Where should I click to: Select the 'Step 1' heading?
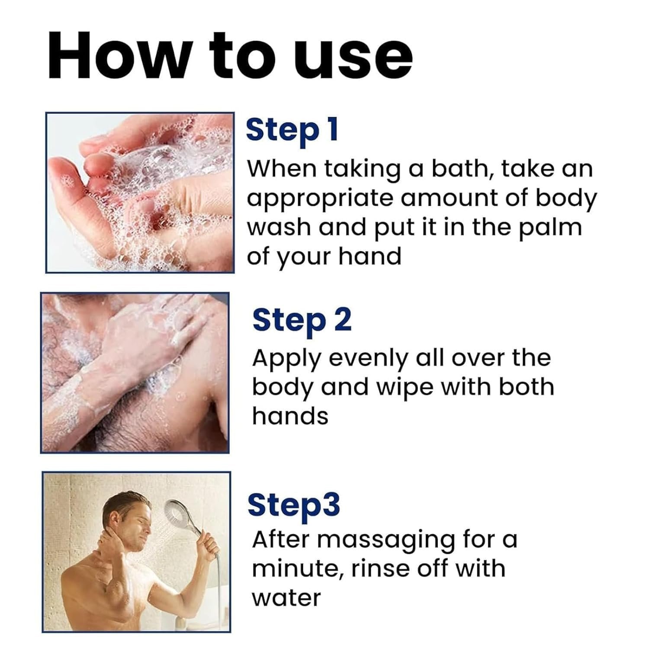click(291, 131)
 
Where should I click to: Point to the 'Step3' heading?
click(294, 505)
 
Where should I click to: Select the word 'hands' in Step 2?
click(290, 416)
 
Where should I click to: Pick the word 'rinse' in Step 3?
click(380, 569)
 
